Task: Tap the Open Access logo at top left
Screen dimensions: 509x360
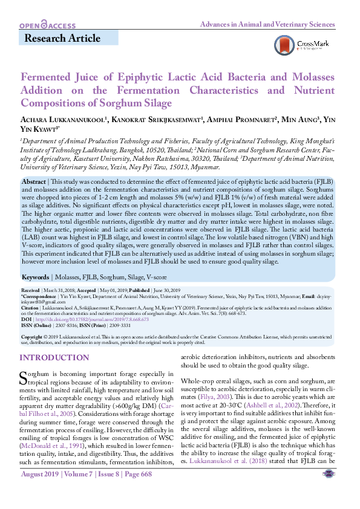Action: click(47, 25)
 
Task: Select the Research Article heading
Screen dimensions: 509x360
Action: click(62, 39)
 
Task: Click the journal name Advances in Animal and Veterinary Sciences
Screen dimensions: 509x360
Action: click(267, 24)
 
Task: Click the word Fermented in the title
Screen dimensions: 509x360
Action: click(47, 78)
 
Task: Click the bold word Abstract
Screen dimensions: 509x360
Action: click(33, 182)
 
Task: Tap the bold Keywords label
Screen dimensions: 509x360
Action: click(36, 277)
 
